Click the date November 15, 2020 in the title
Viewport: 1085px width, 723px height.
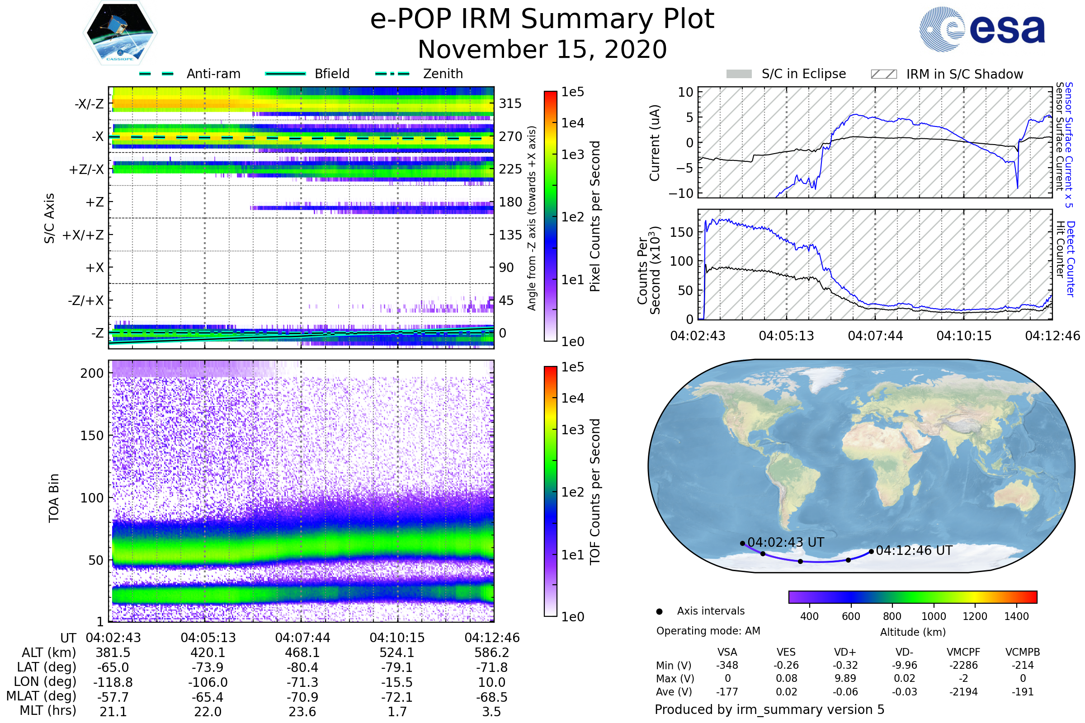pyautogui.click(x=542, y=50)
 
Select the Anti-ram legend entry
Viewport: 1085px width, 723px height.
pyautogui.click(x=213, y=74)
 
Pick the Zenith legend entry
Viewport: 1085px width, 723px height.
pyautogui.click(x=443, y=74)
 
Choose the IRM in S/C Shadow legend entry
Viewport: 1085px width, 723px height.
pyautogui.click(x=964, y=74)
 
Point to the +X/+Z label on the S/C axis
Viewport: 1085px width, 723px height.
pyautogui.click(x=83, y=235)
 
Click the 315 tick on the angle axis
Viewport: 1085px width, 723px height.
pyautogui.click(x=510, y=103)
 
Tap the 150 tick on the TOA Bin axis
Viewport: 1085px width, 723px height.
pyautogui.click(x=92, y=436)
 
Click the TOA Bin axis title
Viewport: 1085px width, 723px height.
pyautogui.click(x=54, y=498)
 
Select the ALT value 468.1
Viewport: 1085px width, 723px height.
pyautogui.click(x=302, y=653)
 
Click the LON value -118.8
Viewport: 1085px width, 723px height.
pyautogui.click(x=113, y=682)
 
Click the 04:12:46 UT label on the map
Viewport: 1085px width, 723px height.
pyautogui.click(x=914, y=550)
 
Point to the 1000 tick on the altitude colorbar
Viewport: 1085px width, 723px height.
pyautogui.click(x=934, y=616)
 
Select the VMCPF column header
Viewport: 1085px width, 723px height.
pyautogui.click(x=963, y=653)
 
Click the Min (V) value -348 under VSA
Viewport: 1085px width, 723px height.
pyautogui.click(x=727, y=665)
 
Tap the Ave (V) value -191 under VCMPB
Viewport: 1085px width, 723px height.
pyautogui.click(x=1023, y=692)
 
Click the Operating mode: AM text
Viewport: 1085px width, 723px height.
pyautogui.click(x=708, y=631)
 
